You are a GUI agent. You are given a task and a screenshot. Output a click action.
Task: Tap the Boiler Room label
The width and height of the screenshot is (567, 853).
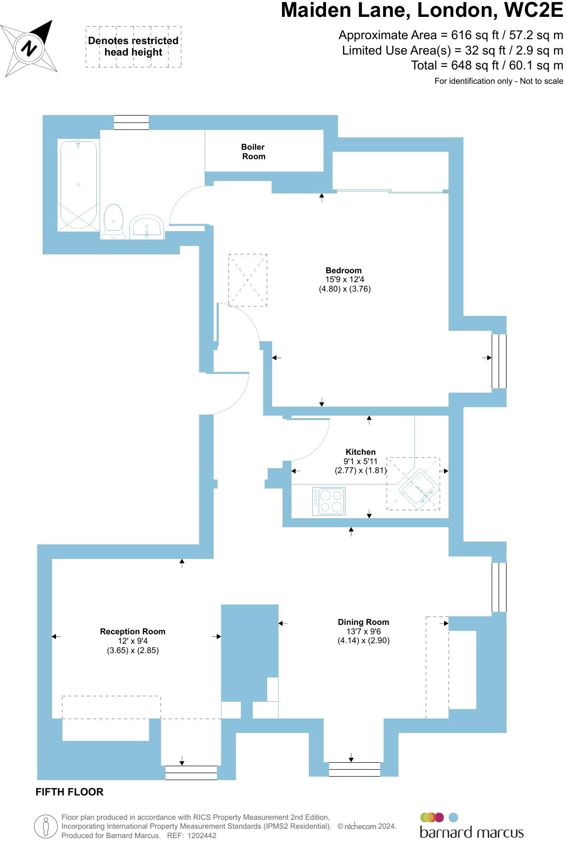click(x=253, y=152)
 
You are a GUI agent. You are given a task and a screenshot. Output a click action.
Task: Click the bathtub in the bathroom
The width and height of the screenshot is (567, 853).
click(x=78, y=185)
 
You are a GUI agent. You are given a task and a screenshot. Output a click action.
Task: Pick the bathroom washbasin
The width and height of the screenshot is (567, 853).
click(x=147, y=227)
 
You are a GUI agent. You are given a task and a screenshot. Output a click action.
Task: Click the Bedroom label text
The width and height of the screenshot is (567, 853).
click(x=343, y=270)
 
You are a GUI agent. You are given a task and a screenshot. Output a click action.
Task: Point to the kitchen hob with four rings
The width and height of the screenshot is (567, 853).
click(x=329, y=501)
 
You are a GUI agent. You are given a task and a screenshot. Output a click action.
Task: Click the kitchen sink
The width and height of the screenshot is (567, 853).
click(x=419, y=488)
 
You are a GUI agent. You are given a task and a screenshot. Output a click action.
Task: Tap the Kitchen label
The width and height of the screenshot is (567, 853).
click(x=360, y=452)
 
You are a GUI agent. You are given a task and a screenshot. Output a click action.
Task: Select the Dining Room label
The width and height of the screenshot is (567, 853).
click(x=363, y=622)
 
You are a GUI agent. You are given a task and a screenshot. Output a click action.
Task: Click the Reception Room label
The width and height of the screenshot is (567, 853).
click(x=133, y=631)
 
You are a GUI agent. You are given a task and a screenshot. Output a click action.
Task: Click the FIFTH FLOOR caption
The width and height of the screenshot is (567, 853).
click(x=69, y=792)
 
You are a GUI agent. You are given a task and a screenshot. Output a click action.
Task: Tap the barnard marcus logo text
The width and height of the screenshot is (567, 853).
click(x=471, y=832)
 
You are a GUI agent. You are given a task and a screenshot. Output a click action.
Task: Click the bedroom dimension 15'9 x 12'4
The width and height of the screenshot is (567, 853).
click(x=344, y=280)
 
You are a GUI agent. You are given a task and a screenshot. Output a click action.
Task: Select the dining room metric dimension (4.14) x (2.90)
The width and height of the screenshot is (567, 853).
click(x=363, y=640)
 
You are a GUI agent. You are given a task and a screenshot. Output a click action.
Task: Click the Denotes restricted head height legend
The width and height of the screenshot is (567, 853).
click(x=133, y=47)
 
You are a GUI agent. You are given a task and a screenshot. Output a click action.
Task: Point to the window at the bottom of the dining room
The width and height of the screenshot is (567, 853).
click(x=354, y=769)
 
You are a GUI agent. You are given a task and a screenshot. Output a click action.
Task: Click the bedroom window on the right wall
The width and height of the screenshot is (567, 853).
click(x=499, y=361)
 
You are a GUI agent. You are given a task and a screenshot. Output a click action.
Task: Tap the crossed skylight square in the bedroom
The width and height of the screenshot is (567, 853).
click(x=247, y=280)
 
